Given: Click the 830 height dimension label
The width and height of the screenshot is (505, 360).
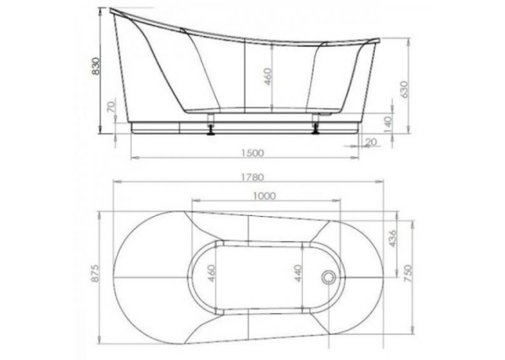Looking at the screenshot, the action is (96, 66).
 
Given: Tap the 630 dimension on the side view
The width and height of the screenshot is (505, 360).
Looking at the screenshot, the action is (404, 89).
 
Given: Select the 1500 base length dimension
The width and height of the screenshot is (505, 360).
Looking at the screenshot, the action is (252, 153).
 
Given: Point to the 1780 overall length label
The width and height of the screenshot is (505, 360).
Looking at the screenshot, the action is (252, 177).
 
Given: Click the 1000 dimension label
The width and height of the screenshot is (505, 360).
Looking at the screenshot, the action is (265, 196).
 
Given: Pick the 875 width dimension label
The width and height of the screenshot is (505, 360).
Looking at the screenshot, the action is (96, 273).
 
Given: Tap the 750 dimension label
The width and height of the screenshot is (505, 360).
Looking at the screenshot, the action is (408, 273).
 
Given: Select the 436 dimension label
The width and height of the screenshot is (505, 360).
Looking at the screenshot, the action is (393, 238).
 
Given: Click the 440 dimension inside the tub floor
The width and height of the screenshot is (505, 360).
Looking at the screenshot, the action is (299, 273).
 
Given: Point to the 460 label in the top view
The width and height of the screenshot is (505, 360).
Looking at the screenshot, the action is (211, 273).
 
